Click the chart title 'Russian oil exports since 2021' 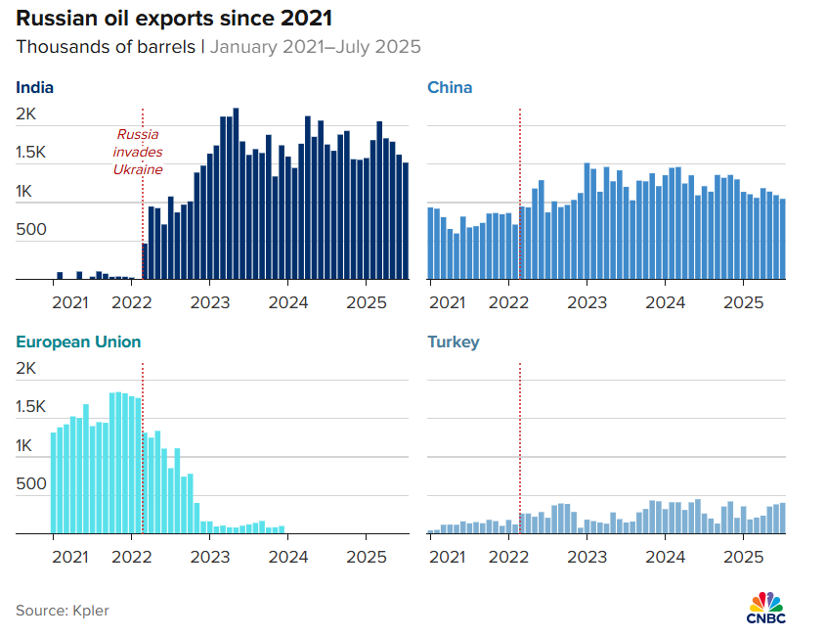click(x=174, y=19)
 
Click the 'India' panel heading click(x=35, y=87)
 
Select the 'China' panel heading click(x=450, y=87)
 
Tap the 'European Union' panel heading click(x=78, y=341)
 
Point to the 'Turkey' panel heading click(x=453, y=342)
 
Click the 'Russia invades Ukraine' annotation click(x=138, y=152)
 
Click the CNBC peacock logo click(x=766, y=608)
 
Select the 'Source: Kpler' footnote click(x=63, y=611)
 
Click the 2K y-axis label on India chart click(x=25, y=114)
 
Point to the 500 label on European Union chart click(x=31, y=483)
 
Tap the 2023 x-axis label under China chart click(x=587, y=302)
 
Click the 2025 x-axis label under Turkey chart click(x=743, y=557)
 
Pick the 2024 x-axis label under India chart click(x=288, y=302)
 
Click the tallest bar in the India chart click(x=236, y=194)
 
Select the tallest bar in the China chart click(x=587, y=221)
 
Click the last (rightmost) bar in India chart click(x=406, y=221)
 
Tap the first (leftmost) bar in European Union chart click(x=53, y=483)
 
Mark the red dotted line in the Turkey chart click(x=520, y=448)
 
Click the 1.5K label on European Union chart click(x=30, y=406)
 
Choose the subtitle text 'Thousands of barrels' click(x=106, y=47)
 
